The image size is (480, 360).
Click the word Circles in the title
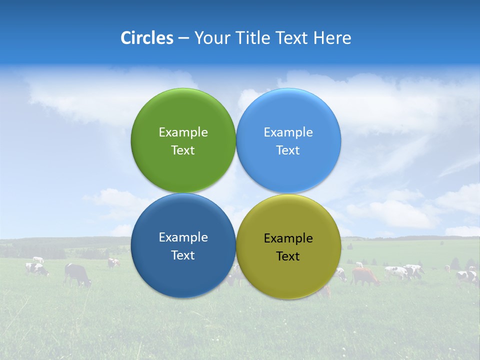(146, 38)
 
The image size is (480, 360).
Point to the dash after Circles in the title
(183, 38)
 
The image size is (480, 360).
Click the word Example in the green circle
(183, 132)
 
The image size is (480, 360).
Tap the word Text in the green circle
(183, 150)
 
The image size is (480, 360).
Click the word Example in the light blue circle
(288, 132)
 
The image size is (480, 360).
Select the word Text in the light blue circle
(288, 150)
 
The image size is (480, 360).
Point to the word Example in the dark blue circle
(183, 237)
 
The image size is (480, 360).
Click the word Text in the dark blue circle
(183, 255)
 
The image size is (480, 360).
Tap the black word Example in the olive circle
(288, 238)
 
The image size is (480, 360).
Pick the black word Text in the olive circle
(288, 256)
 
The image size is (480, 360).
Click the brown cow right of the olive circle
(365, 275)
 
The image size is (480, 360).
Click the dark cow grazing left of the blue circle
(77, 274)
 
